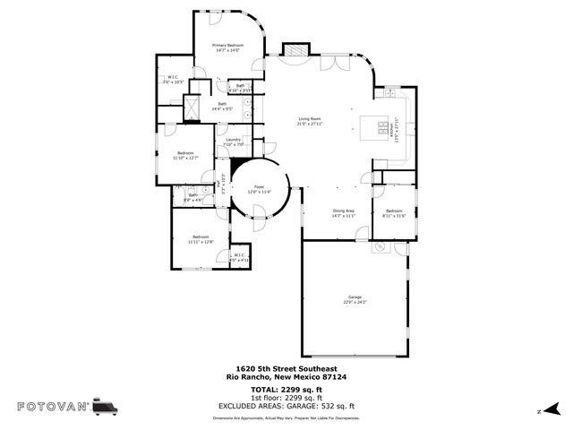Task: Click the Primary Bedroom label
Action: click(x=227, y=47)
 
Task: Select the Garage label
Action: click(x=355, y=298)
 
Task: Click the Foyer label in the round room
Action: click(x=259, y=188)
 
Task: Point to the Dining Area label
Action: click(x=344, y=213)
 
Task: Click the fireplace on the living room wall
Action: click(x=296, y=52)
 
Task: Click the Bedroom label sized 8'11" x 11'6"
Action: click(x=394, y=213)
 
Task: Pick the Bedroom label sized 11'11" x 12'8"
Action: click(x=201, y=239)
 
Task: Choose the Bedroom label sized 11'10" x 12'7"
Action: click(x=185, y=155)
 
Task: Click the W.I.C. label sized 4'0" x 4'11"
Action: click(x=240, y=258)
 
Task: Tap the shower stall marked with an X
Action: click(x=191, y=107)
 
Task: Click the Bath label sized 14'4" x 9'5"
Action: click(x=222, y=106)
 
